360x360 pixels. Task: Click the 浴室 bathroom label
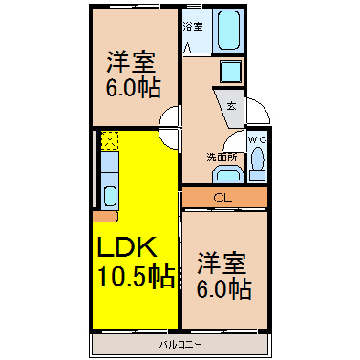pos(193,27)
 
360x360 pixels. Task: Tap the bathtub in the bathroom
pos(228,30)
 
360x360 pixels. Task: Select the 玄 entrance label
pos(232,106)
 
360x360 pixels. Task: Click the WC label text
pos(257,139)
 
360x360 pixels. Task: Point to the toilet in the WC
pos(257,164)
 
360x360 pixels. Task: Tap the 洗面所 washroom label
pos(222,157)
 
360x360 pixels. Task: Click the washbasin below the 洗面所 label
pos(227,176)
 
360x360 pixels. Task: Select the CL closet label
pos(222,198)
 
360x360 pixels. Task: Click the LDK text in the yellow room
pos(127,246)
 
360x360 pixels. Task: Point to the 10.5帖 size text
pos(137,276)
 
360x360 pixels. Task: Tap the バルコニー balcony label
pos(180,345)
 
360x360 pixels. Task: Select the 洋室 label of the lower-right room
pos(222,264)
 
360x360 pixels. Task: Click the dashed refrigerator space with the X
pos(110,140)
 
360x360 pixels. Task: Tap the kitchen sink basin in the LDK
pos(110,196)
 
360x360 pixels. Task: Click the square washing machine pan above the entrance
pos(230,72)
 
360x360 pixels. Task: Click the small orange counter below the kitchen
pos(105,216)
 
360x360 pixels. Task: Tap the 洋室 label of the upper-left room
pos(131,62)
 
